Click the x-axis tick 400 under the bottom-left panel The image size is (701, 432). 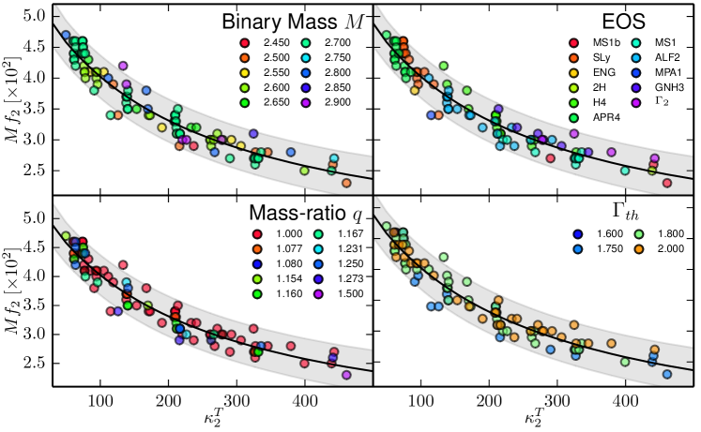304,400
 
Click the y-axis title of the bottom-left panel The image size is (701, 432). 12,298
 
